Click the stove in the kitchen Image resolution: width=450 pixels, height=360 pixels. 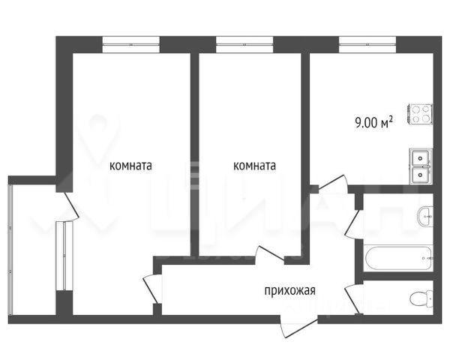pyautogui.click(x=421, y=114)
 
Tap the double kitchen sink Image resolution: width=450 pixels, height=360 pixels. pyautogui.click(x=421, y=166)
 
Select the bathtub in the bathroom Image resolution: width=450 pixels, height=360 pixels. pyautogui.click(x=398, y=258)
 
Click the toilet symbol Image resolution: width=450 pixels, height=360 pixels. pyautogui.click(x=421, y=298)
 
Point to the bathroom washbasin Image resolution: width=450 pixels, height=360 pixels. pyautogui.click(x=425, y=217)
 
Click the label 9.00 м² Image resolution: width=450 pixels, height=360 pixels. pyautogui.click(x=373, y=122)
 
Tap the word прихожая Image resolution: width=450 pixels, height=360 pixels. pyautogui.click(x=289, y=290)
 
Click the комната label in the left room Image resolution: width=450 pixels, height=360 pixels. pyautogui.click(x=130, y=166)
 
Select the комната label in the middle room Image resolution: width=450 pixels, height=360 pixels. pyautogui.click(x=254, y=166)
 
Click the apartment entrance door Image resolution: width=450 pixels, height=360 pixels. pyautogui.click(x=298, y=327)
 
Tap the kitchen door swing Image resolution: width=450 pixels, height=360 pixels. pyautogui.click(x=333, y=183)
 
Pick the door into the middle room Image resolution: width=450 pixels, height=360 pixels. pyautogui.click(x=270, y=254)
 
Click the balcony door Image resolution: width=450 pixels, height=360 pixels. pyautogui.click(x=70, y=206)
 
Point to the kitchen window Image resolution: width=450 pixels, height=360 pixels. pyautogui.click(x=367, y=44)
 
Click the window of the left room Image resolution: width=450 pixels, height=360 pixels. pyautogui.click(x=130, y=44)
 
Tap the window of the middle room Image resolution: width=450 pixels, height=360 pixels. pyautogui.click(x=244, y=44)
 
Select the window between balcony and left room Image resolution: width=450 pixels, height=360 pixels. pyautogui.click(x=64, y=256)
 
